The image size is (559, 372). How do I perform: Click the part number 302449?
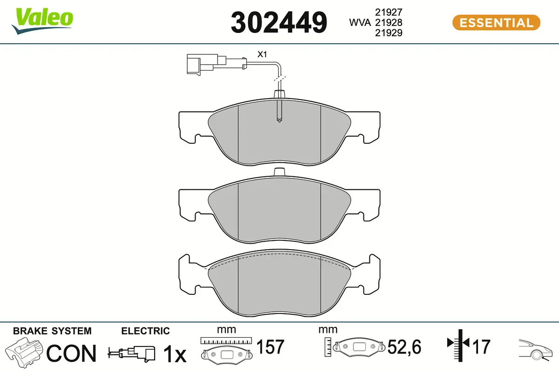click(x=279, y=22)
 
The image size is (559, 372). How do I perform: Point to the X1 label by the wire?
click(x=262, y=54)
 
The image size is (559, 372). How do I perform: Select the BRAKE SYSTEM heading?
click(x=52, y=331)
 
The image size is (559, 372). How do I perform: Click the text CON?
click(x=72, y=354)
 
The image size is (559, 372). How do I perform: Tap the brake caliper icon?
click(x=24, y=352)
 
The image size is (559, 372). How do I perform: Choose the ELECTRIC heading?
click(x=145, y=331)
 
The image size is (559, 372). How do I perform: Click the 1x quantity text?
click(x=174, y=355)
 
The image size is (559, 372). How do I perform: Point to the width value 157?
click(x=271, y=347)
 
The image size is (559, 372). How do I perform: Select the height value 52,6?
click(x=404, y=347)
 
